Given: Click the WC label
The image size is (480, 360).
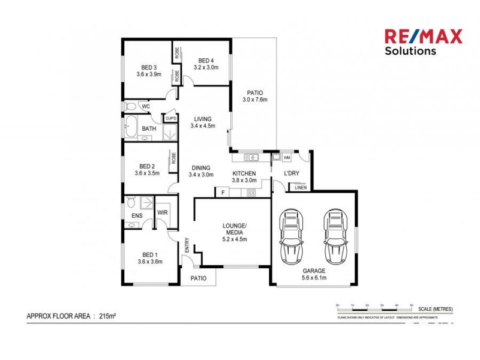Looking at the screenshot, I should pyautogui.click(x=145, y=107).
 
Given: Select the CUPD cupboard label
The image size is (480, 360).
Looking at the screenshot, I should pyautogui.click(x=170, y=118).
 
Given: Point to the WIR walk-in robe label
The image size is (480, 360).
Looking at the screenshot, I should pyautogui.click(x=162, y=212).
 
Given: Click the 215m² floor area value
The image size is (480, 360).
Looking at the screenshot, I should pyautogui.click(x=107, y=315).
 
